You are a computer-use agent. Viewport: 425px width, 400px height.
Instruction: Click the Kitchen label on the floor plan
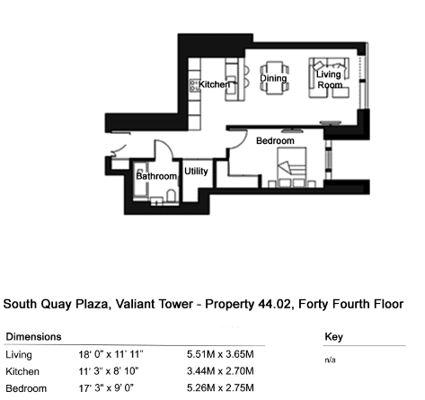pos(214,84)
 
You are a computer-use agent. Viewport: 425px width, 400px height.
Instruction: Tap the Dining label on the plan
pos(273,78)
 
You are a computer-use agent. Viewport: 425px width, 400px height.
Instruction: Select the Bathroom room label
pos(156,176)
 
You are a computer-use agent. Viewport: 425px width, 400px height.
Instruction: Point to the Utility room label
pos(196,171)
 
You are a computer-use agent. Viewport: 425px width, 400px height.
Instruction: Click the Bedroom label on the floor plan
pos(275,141)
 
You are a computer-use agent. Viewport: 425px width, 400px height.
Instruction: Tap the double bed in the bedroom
pos(292,167)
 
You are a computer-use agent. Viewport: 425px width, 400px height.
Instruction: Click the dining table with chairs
pos(274,77)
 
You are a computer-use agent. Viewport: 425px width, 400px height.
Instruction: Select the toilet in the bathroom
pos(171,196)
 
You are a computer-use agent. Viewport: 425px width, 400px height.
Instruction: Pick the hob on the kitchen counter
pos(194,85)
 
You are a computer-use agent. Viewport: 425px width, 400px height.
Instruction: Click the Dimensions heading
pos(33,337)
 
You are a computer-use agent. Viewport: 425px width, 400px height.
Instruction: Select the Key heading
pos(333,337)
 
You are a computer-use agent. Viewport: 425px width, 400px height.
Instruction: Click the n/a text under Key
pos(330,360)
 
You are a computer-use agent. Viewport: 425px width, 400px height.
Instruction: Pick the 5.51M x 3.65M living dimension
pos(220,354)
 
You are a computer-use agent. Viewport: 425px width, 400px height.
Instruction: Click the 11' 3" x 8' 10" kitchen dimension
pos(109,371)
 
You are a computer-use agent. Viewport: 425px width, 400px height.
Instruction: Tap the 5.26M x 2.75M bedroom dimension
pos(220,388)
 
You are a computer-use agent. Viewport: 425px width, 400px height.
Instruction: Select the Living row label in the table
pos(19,355)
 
